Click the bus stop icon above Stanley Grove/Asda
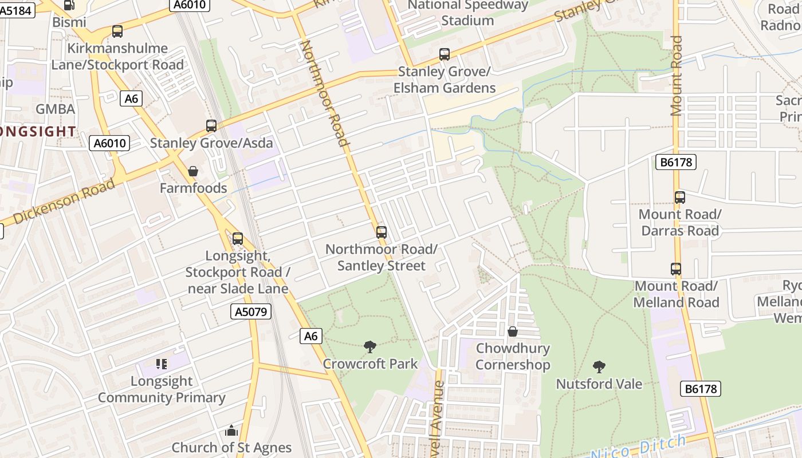(211, 126)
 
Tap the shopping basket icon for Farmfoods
(193, 171)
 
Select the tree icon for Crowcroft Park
(370, 346)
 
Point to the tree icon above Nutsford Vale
(599, 366)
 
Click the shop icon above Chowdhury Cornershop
(513, 331)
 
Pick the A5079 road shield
(251, 311)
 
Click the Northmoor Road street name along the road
(325, 94)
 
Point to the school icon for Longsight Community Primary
(162, 364)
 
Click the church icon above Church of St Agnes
(231, 431)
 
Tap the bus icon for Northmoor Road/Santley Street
(382, 232)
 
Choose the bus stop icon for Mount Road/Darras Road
(680, 198)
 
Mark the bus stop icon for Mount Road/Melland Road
(676, 269)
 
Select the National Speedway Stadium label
(467, 13)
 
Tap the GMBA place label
(55, 109)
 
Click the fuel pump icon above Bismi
(69, 5)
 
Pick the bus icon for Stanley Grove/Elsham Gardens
(445, 55)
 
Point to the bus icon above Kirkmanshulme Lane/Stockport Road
(117, 31)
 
